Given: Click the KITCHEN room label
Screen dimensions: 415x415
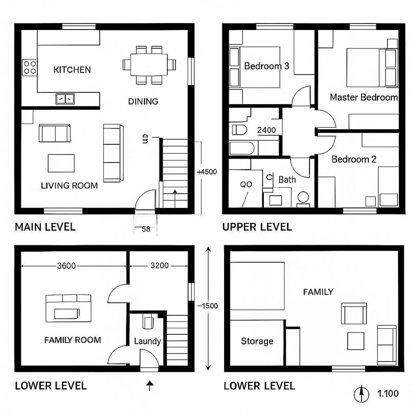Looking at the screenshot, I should (72, 70).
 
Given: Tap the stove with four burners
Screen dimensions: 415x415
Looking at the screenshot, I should (30, 68).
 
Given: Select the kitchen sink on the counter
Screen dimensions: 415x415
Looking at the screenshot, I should (65, 98).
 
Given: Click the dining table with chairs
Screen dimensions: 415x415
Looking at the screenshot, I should (149, 64).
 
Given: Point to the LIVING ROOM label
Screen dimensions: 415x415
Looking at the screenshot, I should (69, 185).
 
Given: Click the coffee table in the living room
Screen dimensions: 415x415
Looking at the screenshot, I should (61, 163).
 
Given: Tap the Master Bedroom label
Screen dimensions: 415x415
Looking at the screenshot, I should (364, 97).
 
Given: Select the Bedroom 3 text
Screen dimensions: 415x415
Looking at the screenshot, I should (267, 66).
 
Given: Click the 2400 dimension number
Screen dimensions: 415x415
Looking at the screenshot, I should (267, 130).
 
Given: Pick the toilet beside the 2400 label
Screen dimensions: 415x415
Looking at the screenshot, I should (239, 130).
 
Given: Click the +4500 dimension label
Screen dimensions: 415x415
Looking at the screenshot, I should (207, 172).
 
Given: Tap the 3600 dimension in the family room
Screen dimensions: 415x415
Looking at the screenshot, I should (66, 266).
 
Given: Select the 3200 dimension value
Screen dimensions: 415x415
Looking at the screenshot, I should (160, 266).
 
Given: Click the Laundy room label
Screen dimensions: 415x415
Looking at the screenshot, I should (147, 341).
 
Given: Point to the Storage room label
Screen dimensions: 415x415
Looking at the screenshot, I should (257, 341).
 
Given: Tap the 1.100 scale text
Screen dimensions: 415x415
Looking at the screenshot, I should (388, 394).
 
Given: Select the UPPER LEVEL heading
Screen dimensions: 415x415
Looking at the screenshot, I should (257, 227).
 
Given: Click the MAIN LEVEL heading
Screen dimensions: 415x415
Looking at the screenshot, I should (45, 227).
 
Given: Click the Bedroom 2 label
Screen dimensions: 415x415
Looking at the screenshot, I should (354, 159).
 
